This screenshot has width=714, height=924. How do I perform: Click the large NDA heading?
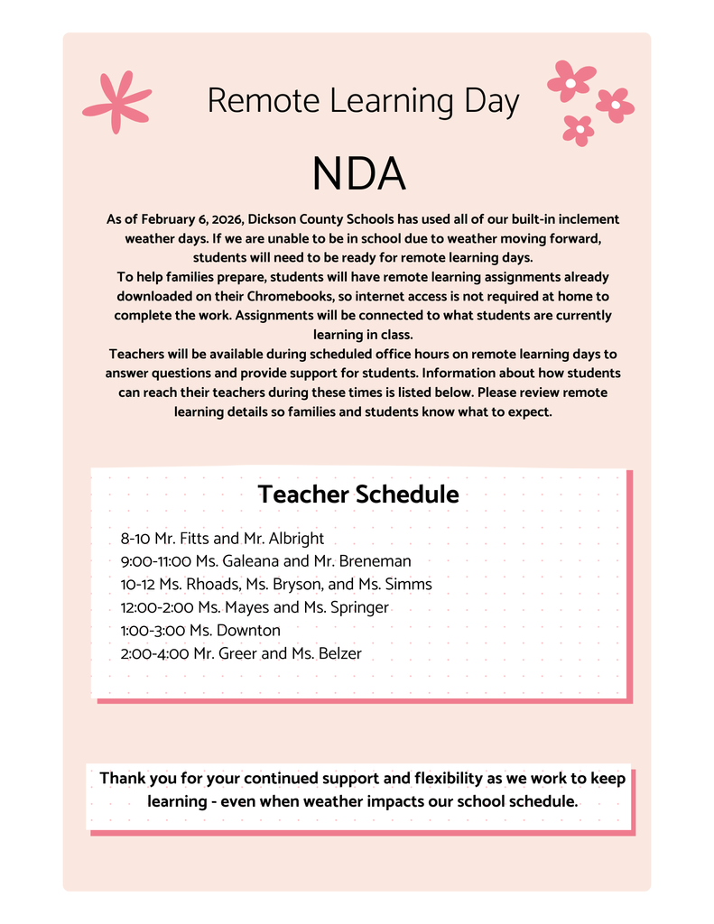click(358, 174)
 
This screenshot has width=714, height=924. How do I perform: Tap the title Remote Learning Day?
click(363, 101)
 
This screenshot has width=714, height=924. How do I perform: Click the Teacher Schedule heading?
click(357, 494)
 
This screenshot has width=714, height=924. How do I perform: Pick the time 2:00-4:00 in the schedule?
click(154, 653)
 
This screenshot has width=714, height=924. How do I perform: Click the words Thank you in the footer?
click(133, 779)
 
